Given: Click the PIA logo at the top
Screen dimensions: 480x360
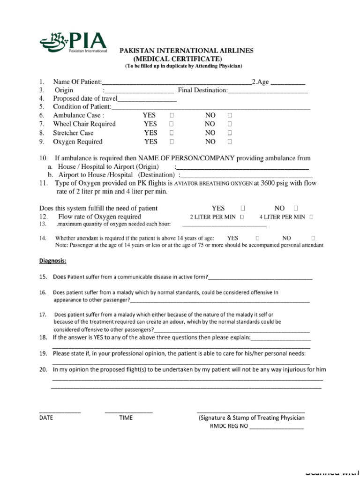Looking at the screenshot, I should click(x=74, y=42).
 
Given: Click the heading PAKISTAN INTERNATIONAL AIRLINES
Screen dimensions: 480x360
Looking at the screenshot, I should click(x=187, y=51).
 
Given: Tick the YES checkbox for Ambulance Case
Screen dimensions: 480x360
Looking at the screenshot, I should click(x=172, y=115).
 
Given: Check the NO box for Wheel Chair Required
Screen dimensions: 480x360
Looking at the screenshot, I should click(x=230, y=124).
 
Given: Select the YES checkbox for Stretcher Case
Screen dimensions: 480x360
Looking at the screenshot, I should click(x=172, y=133).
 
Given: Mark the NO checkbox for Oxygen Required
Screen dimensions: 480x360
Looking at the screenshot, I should click(x=230, y=142).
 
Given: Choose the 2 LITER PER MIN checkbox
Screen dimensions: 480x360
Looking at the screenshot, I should click(x=242, y=217).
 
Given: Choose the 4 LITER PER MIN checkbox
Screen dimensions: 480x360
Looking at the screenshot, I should click(x=311, y=217).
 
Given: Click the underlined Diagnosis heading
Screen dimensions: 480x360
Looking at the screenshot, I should click(x=53, y=261).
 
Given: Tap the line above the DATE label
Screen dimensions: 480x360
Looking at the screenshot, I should click(x=60, y=411).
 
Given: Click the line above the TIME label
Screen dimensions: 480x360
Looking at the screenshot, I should click(x=128, y=411).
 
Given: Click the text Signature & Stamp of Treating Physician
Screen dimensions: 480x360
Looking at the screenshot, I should click(x=252, y=418).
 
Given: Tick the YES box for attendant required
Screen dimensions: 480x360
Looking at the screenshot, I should click(x=258, y=238).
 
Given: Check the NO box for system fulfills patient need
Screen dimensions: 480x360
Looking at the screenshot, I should click(x=296, y=208).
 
